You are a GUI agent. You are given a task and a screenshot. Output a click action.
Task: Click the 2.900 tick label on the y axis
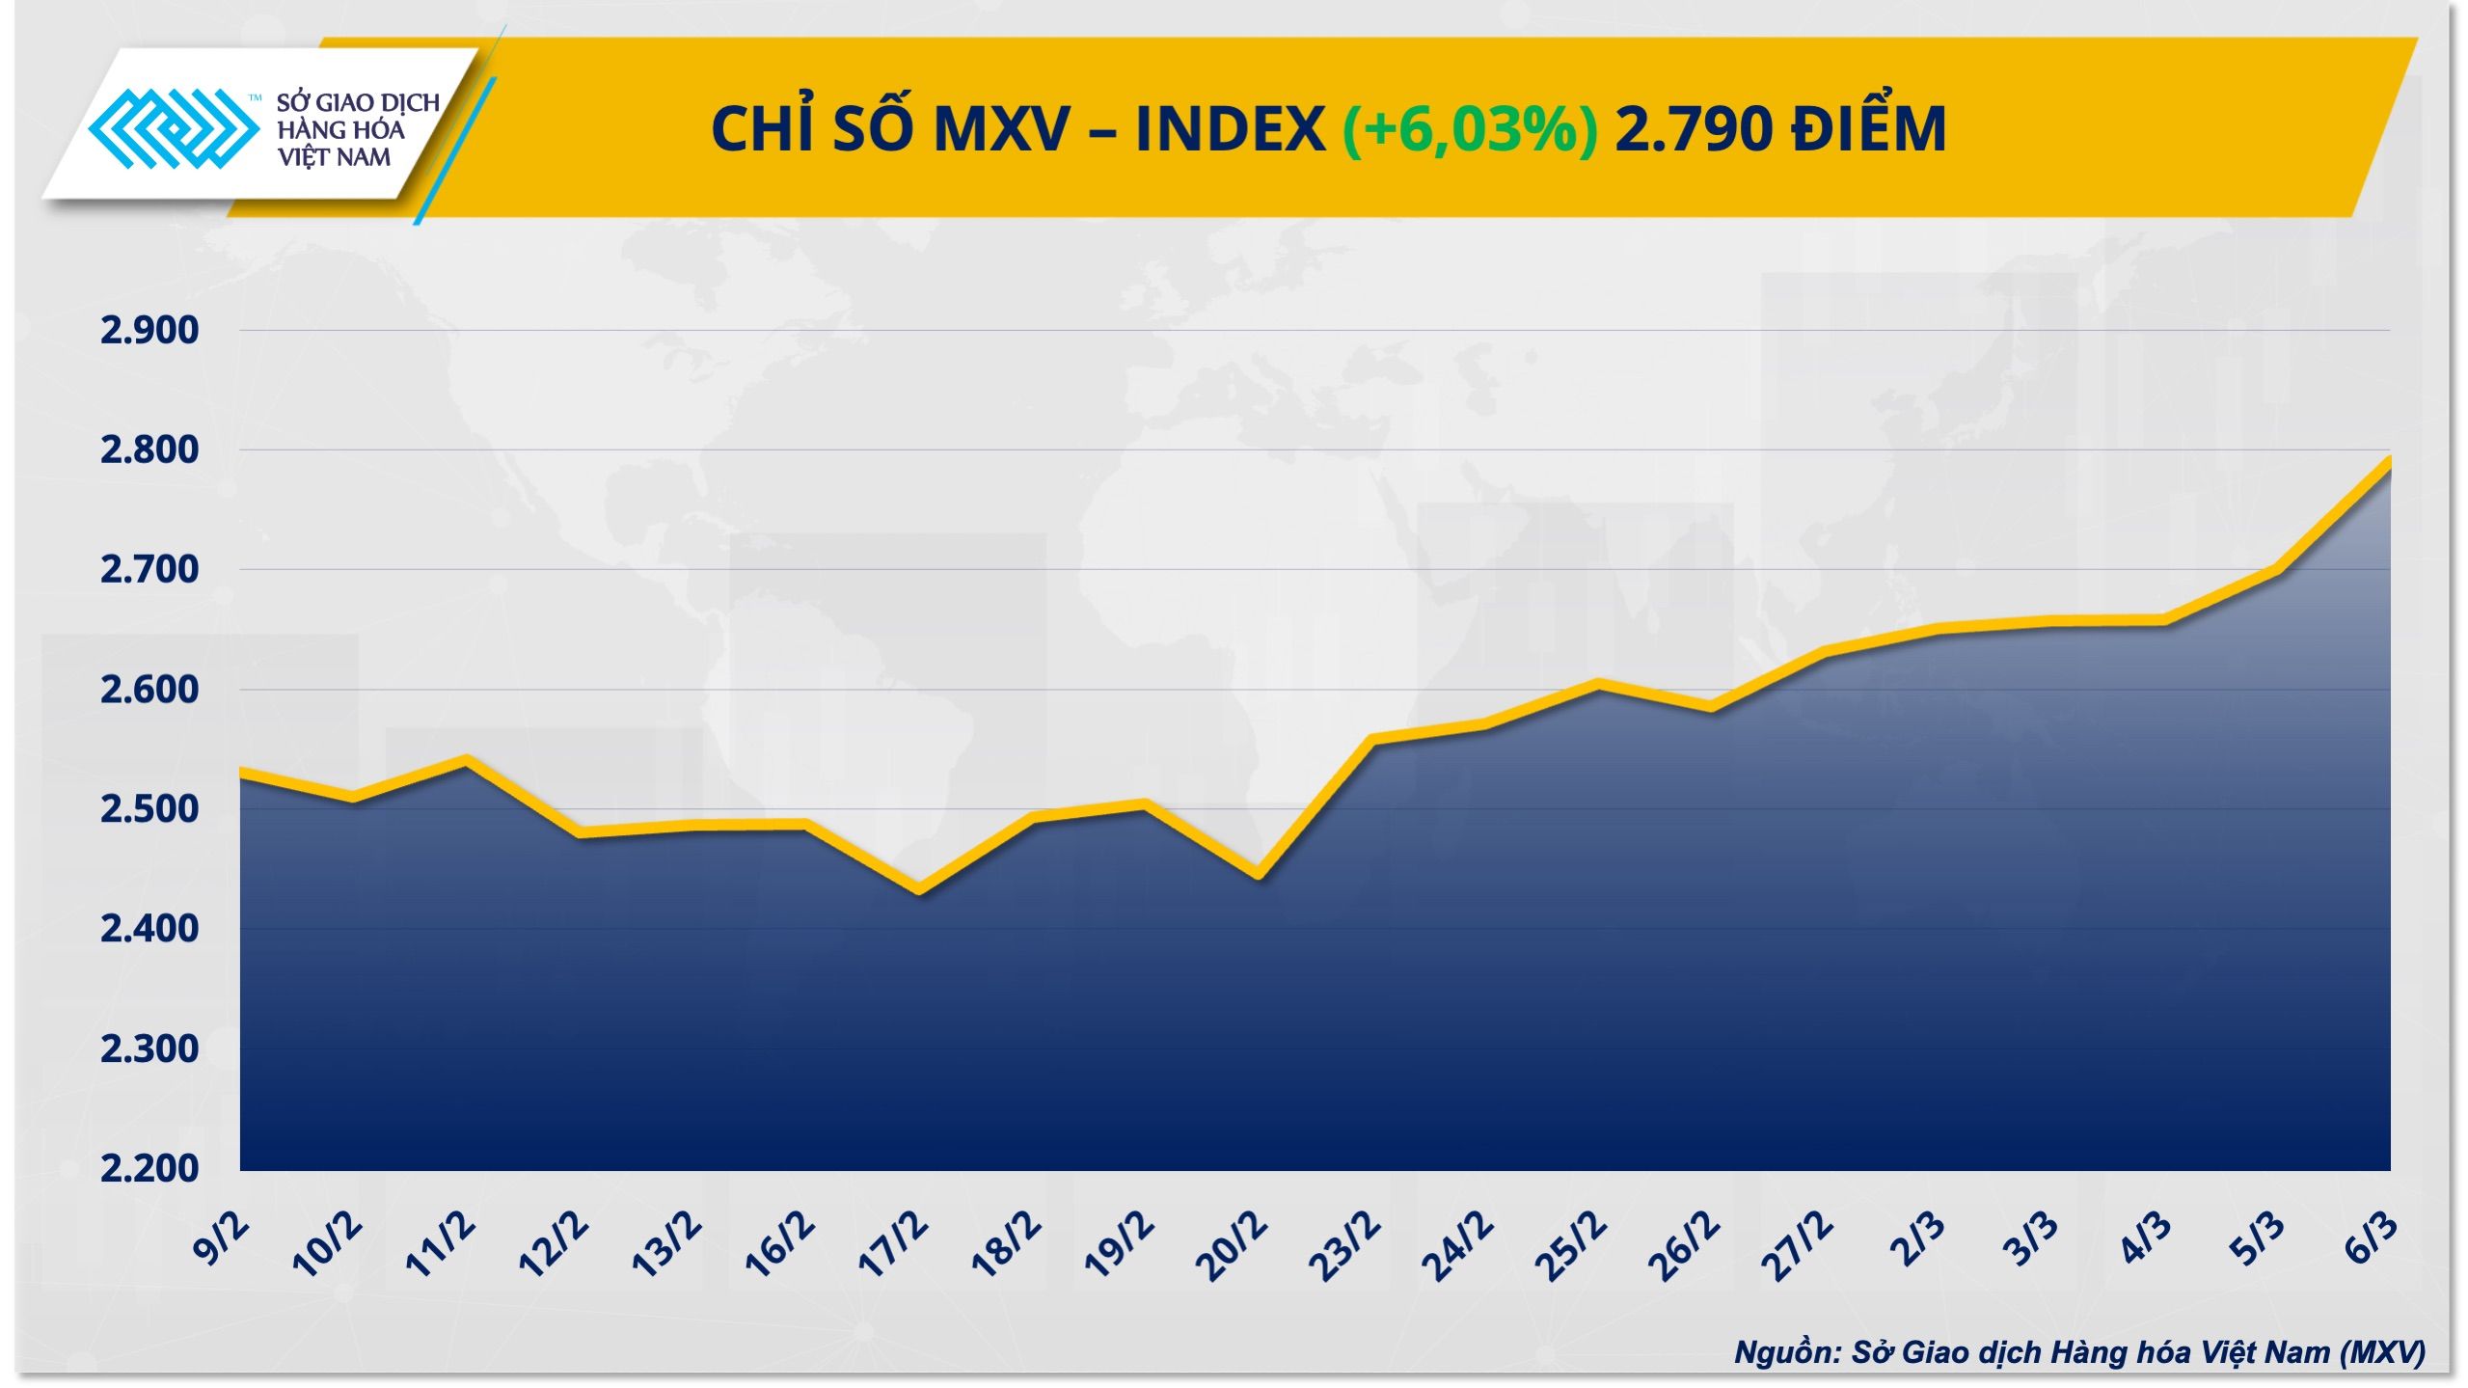pyautogui.click(x=149, y=331)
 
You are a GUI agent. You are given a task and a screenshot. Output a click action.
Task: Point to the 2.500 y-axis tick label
pyautogui.click(x=149, y=809)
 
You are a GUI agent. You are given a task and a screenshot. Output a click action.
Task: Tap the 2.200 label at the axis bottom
pyautogui.click(x=149, y=1168)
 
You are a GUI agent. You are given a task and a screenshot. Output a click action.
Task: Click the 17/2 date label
pyautogui.click(x=894, y=1246)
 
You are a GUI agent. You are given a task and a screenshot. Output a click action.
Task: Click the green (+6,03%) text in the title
pyautogui.click(x=1470, y=129)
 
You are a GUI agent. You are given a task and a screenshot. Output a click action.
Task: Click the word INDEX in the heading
pyautogui.click(x=1231, y=129)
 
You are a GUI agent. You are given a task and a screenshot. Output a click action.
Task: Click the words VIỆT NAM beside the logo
pyautogui.click(x=334, y=157)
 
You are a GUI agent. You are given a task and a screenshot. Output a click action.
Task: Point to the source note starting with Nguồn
pyautogui.click(x=2079, y=1351)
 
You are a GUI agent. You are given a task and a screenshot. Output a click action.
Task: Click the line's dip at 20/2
pyautogui.click(x=1258, y=875)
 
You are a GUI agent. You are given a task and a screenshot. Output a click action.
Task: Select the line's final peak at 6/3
pyautogui.click(x=2388, y=461)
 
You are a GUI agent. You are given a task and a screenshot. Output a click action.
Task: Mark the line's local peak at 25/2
pyautogui.click(x=1597, y=685)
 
